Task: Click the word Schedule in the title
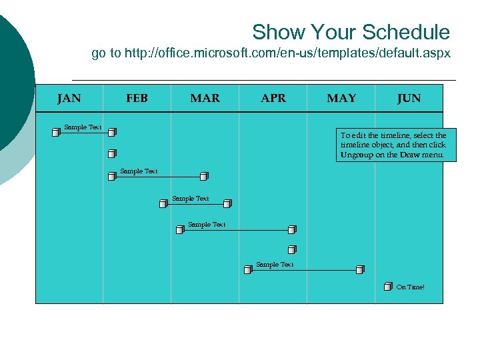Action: pyautogui.click(x=406, y=32)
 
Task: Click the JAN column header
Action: pyautogui.click(x=69, y=99)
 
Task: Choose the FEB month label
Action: pyautogui.click(x=137, y=99)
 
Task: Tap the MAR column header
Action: pyautogui.click(x=205, y=99)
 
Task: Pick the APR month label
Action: pyautogui.click(x=273, y=99)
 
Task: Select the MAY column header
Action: pyautogui.click(x=341, y=99)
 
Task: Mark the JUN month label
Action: pyautogui.click(x=409, y=99)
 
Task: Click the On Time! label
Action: pyautogui.click(x=410, y=287)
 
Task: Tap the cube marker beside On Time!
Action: pyautogui.click(x=388, y=287)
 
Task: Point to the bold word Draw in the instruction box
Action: pyautogui.click(x=409, y=155)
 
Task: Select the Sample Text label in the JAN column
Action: pyautogui.click(x=83, y=127)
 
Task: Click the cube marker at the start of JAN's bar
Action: pyautogui.click(x=56, y=133)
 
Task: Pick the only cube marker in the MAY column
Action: pyautogui.click(x=360, y=270)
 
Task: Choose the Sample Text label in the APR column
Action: pyautogui.click(x=275, y=265)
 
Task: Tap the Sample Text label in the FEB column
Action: pyautogui.click(x=139, y=171)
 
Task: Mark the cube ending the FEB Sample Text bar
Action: pyautogui.click(x=204, y=177)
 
